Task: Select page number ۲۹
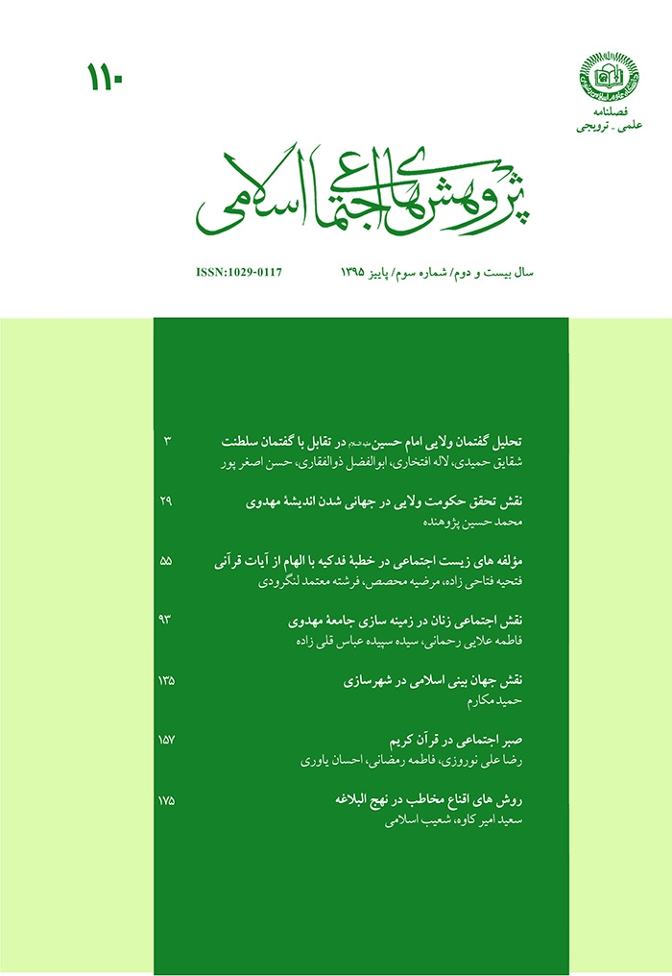(166, 500)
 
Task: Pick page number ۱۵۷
(166, 740)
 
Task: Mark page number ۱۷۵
(166, 799)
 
